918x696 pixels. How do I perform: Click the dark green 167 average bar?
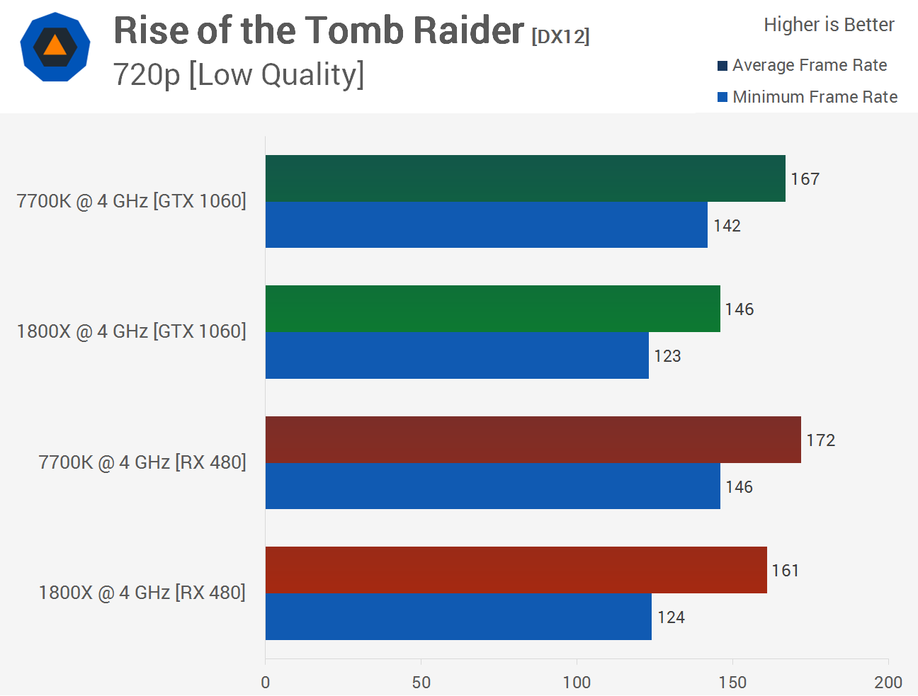[x=525, y=178]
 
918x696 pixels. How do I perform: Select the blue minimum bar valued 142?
[x=486, y=225]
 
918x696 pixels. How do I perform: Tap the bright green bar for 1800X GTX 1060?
[x=492, y=309]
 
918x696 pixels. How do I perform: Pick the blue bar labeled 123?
[x=457, y=355]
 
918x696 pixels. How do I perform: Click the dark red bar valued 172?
[x=533, y=440]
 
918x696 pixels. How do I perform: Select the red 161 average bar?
[x=516, y=570]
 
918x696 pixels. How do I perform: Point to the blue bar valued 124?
[x=458, y=617]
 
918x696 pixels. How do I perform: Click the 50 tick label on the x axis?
[x=421, y=682]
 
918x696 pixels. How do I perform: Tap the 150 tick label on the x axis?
[x=732, y=682]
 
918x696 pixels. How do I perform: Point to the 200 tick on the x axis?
[x=888, y=682]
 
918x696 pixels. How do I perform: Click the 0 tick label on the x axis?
[x=266, y=682]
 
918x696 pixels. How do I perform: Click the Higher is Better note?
[x=829, y=25]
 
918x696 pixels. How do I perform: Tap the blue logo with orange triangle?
[x=55, y=47]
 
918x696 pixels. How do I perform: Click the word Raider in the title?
[x=468, y=31]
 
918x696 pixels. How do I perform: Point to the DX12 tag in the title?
[x=560, y=36]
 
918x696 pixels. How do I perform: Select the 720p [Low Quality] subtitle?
[x=239, y=74]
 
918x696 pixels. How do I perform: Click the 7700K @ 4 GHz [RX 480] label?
[x=142, y=462]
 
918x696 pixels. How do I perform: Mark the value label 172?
[x=820, y=440]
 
